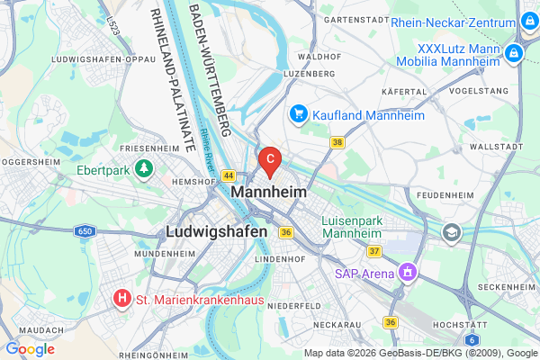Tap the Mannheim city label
[x=268, y=192]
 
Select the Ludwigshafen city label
[x=216, y=231]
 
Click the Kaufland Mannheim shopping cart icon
[x=298, y=114]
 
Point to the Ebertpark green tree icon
[x=142, y=167]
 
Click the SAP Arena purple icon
[x=408, y=271]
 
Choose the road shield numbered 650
[x=85, y=231]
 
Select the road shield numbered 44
[x=229, y=175]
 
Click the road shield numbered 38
[x=337, y=142]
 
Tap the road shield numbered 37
[x=374, y=250]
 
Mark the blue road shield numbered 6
[x=472, y=339]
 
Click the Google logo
[x=31, y=349]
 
